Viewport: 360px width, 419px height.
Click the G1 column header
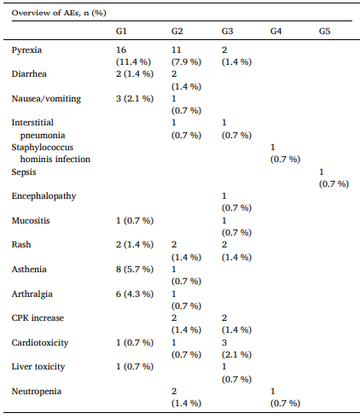pyautogui.click(x=121, y=31)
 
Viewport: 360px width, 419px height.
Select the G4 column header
pyautogui.click(x=276, y=31)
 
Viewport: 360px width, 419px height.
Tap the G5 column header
pyautogui.click(x=324, y=31)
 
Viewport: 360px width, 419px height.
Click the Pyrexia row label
pyautogui.click(x=26, y=50)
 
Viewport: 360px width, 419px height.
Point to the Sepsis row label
pyautogui.click(x=24, y=172)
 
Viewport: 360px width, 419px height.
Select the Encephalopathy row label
pyautogui.click(x=44, y=196)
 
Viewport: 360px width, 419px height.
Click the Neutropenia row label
pyautogui.click(x=37, y=392)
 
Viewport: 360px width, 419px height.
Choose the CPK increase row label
pyautogui.click(x=38, y=318)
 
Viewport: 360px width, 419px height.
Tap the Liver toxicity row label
pyautogui.click(x=38, y=367)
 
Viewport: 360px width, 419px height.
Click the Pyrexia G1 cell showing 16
pyautogui.click(x=133, y=55)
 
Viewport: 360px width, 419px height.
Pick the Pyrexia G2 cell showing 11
pyautogui.click(x=186, y=55)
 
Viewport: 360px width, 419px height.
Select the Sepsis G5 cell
pyautogui.click(x=334, y=177)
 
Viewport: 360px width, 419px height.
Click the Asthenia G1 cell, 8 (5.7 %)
pyautogui.click(x=135, y=270)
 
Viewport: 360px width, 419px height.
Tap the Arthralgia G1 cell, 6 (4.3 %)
pyautogui.click(x=135, y=294)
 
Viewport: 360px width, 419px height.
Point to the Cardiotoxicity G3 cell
pyautogui.click(x=236, y=348)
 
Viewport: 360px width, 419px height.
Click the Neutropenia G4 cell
pyautogui.click(x=285, y=398)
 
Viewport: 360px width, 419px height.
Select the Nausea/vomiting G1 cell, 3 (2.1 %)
pyautogui.click(x=135, y=99)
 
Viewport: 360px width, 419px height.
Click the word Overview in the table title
pyautogui.click(x=28, y=13)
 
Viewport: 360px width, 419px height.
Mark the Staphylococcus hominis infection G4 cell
pyautogui.click(x=285, y=153)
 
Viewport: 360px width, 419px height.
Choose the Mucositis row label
pyautogui.click(x=31, y=221)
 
